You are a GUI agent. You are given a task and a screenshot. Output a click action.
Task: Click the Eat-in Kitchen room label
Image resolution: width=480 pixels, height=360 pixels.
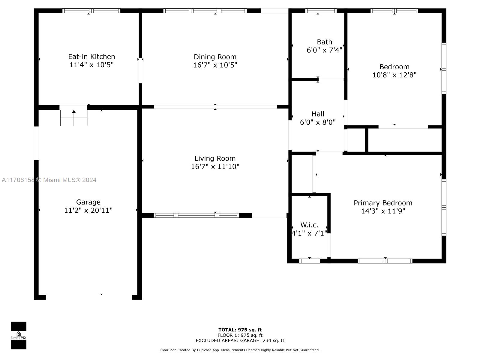91,57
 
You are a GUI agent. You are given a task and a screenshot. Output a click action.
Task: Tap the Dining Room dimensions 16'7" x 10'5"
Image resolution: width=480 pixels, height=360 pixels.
215,65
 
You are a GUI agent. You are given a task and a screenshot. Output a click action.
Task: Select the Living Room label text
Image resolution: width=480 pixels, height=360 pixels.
215,158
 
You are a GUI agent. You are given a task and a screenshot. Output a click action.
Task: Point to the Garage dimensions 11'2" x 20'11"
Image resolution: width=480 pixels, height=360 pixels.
88,210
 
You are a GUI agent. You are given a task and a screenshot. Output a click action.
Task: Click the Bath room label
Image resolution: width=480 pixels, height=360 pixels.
324,42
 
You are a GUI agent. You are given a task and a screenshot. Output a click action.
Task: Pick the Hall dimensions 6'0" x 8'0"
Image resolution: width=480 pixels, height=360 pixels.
317,122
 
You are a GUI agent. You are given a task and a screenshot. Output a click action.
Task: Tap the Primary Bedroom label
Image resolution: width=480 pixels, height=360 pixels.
383,203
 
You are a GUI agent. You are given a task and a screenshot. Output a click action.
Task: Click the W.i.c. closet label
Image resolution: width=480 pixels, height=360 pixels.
309,225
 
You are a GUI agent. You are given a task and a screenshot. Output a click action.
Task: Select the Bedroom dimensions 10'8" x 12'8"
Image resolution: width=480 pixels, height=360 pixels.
394,75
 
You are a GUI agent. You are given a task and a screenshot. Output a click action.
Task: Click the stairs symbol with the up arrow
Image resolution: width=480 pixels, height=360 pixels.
74,115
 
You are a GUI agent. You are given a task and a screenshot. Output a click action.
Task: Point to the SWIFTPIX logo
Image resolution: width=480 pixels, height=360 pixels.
19,335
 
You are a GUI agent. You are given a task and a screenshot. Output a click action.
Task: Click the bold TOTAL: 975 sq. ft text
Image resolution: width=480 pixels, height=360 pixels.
240,330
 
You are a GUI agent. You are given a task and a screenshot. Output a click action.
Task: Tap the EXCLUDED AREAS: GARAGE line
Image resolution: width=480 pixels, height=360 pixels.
240,340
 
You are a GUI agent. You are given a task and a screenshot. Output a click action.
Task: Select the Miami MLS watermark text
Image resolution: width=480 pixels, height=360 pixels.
49,180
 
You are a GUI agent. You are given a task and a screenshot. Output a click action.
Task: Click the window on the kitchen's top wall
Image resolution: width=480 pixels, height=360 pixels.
91,11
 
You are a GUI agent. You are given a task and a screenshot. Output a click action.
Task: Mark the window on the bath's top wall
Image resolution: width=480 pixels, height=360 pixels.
321,11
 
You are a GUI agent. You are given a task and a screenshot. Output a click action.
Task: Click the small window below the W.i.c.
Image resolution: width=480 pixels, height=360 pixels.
309,261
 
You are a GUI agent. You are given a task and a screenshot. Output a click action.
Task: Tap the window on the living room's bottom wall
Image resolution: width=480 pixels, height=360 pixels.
196,215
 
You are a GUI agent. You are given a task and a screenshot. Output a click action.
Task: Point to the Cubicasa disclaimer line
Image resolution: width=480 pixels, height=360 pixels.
240,350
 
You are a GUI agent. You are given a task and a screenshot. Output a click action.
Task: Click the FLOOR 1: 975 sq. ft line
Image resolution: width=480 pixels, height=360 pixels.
240,335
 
